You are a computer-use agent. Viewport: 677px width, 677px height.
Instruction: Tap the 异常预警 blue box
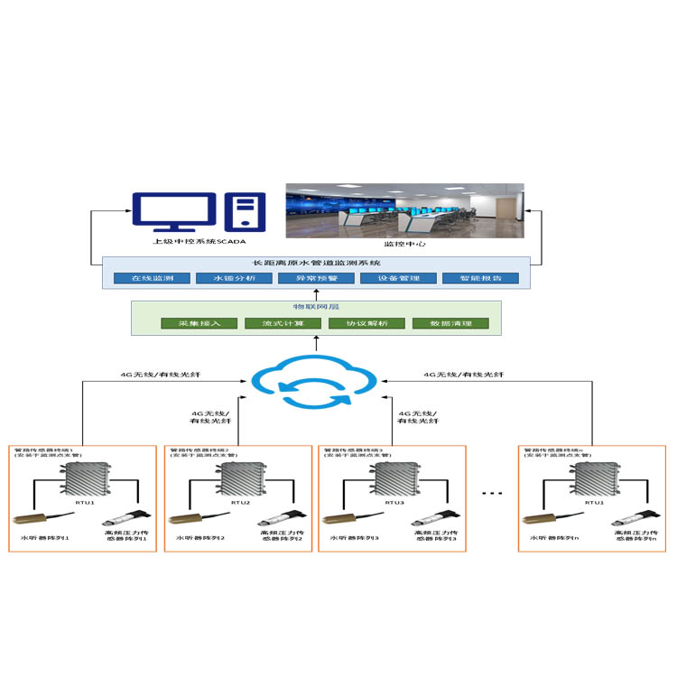313,278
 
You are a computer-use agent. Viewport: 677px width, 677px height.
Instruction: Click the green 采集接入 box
191,323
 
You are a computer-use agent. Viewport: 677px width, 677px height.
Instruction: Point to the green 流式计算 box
274,323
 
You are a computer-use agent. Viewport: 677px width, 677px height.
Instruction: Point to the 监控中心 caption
403,245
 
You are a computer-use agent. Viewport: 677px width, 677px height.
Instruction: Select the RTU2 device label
241,502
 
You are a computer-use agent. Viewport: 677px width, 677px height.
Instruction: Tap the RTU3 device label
394,502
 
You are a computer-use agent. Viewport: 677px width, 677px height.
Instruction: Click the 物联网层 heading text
315,308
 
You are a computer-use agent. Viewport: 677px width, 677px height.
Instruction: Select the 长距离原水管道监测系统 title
315,263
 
